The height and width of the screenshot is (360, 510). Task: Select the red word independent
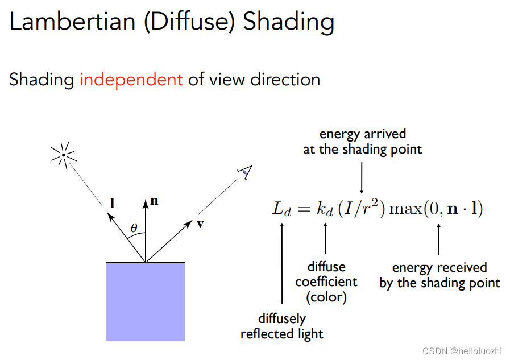click(x=131, y=80)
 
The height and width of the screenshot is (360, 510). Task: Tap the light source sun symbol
click(x=64, y=154)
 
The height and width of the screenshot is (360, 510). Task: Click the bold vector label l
click(x=112, y=202)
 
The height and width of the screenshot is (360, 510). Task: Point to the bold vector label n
click(x=154, y=200)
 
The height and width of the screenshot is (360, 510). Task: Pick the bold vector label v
click(x=200, y=224)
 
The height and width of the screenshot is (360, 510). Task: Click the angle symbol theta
click(x=134, y=228)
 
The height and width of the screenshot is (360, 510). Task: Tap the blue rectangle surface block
click(x=146, y=301)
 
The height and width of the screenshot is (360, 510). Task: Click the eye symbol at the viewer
click(x=246, y=172)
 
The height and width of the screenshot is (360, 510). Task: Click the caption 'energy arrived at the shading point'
click(x=362, y=142)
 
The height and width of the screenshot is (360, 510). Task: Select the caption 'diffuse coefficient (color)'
click(x=326, y=282)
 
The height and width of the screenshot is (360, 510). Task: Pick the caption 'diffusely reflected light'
click(x=282, y=326)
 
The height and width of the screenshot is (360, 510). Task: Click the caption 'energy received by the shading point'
click(x=439, y=275)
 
